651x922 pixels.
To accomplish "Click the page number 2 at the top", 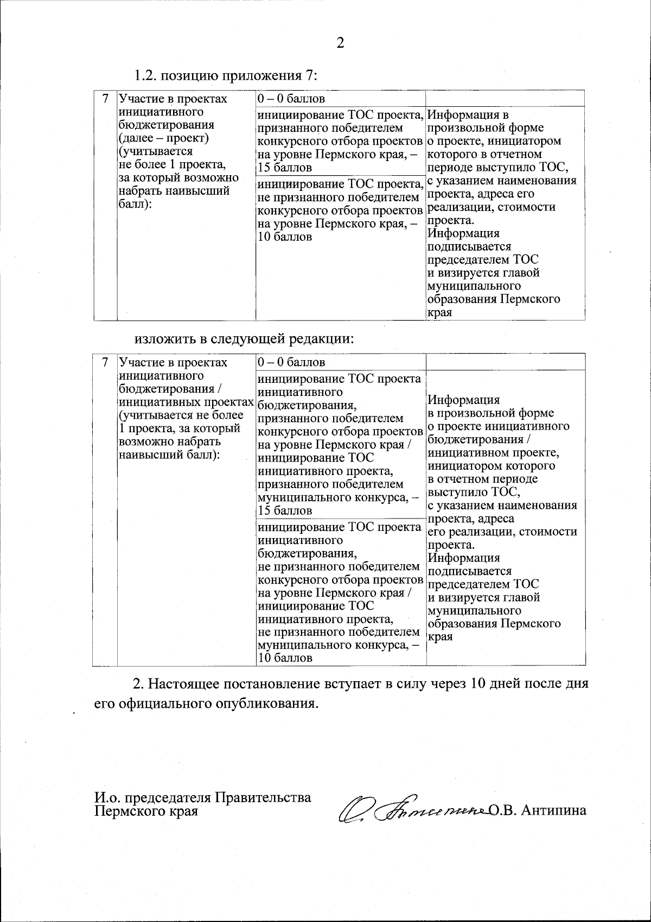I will (x=340, y=43).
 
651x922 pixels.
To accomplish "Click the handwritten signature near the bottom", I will (x=412, y=810).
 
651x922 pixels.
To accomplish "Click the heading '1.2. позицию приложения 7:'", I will (x=226, y=75).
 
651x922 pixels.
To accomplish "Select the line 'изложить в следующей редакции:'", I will (x=244, y=339).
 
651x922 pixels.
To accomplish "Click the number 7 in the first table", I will (x=106, y=99).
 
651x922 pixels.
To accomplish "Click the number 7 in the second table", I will (x=106, y=362).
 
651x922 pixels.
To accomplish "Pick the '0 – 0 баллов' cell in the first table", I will (x=291, y=99).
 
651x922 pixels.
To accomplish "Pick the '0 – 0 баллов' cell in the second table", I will (x=291, y=362).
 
